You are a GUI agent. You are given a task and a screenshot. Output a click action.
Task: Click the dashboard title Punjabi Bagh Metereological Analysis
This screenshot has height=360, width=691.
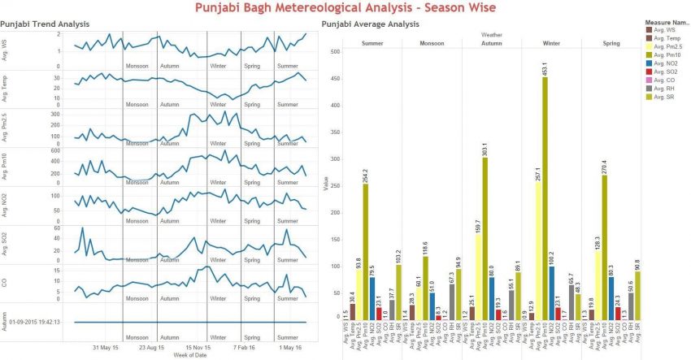(x=345, y=8)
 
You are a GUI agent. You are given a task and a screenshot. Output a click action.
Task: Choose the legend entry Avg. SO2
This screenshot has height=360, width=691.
(x=664, y=67)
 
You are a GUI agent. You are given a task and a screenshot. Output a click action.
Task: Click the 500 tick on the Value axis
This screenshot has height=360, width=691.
(x=335, y=51)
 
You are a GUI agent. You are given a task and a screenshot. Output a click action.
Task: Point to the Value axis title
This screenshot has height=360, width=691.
(x=326, y=185)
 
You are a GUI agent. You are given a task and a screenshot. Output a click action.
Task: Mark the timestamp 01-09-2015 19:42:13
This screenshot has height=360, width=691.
(x=37, y=322)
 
